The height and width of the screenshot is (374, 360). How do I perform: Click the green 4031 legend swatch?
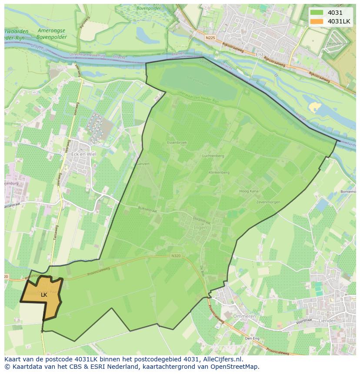click(x=317, y=13)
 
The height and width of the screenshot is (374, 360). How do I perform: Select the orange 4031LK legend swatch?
click(x=317, y=21)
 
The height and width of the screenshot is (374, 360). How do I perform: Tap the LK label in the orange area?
click(x=44, y=295)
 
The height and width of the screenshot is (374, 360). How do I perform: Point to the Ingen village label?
click(x=200, y=227)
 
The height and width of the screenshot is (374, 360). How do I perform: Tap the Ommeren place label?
click(x=244, y=316)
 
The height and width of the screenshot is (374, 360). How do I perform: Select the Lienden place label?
click(x=327, y=321)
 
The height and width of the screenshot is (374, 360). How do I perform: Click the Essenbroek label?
click(x=177, y=142)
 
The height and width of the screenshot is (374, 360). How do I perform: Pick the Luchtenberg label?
click(x=213, y=156)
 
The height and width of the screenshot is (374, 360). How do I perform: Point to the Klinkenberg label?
click(x=219, y=172)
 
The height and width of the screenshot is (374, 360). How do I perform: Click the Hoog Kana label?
click(x=249, y=191)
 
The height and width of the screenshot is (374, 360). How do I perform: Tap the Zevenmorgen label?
click(x=268, y=202)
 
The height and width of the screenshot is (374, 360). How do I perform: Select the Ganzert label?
click(x=143, y=164)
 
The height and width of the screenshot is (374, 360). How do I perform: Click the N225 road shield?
click(x=210, y=38)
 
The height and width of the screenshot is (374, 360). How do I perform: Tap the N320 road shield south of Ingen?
click(x=176, y=256)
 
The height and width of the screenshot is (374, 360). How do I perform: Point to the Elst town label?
click(x=260, y=54)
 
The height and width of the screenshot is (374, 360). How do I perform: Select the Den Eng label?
click(x=252, y=338)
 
